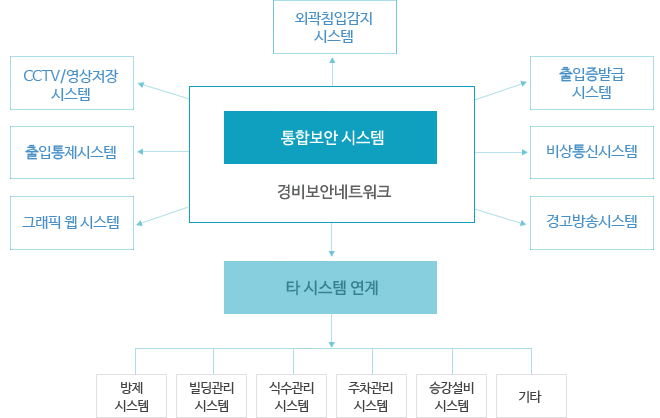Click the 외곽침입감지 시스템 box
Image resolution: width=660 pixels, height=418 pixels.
pos(331,28)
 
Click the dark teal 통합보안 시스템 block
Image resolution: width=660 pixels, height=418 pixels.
pos(331,137)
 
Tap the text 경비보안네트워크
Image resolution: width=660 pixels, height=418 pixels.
pos(331,190)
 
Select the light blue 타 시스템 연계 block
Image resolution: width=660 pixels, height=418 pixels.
pos(331,288)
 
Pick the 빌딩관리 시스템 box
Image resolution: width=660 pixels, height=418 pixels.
pos(212,396)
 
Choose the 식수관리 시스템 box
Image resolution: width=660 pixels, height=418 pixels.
pos(291,396)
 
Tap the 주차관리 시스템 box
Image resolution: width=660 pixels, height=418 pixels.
pos(370,396)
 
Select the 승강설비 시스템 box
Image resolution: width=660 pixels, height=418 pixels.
pos(450,396)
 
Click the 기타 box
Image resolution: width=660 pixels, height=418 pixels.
pos(529,396)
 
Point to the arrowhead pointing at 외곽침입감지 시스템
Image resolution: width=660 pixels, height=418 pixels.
pos(331,62)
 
